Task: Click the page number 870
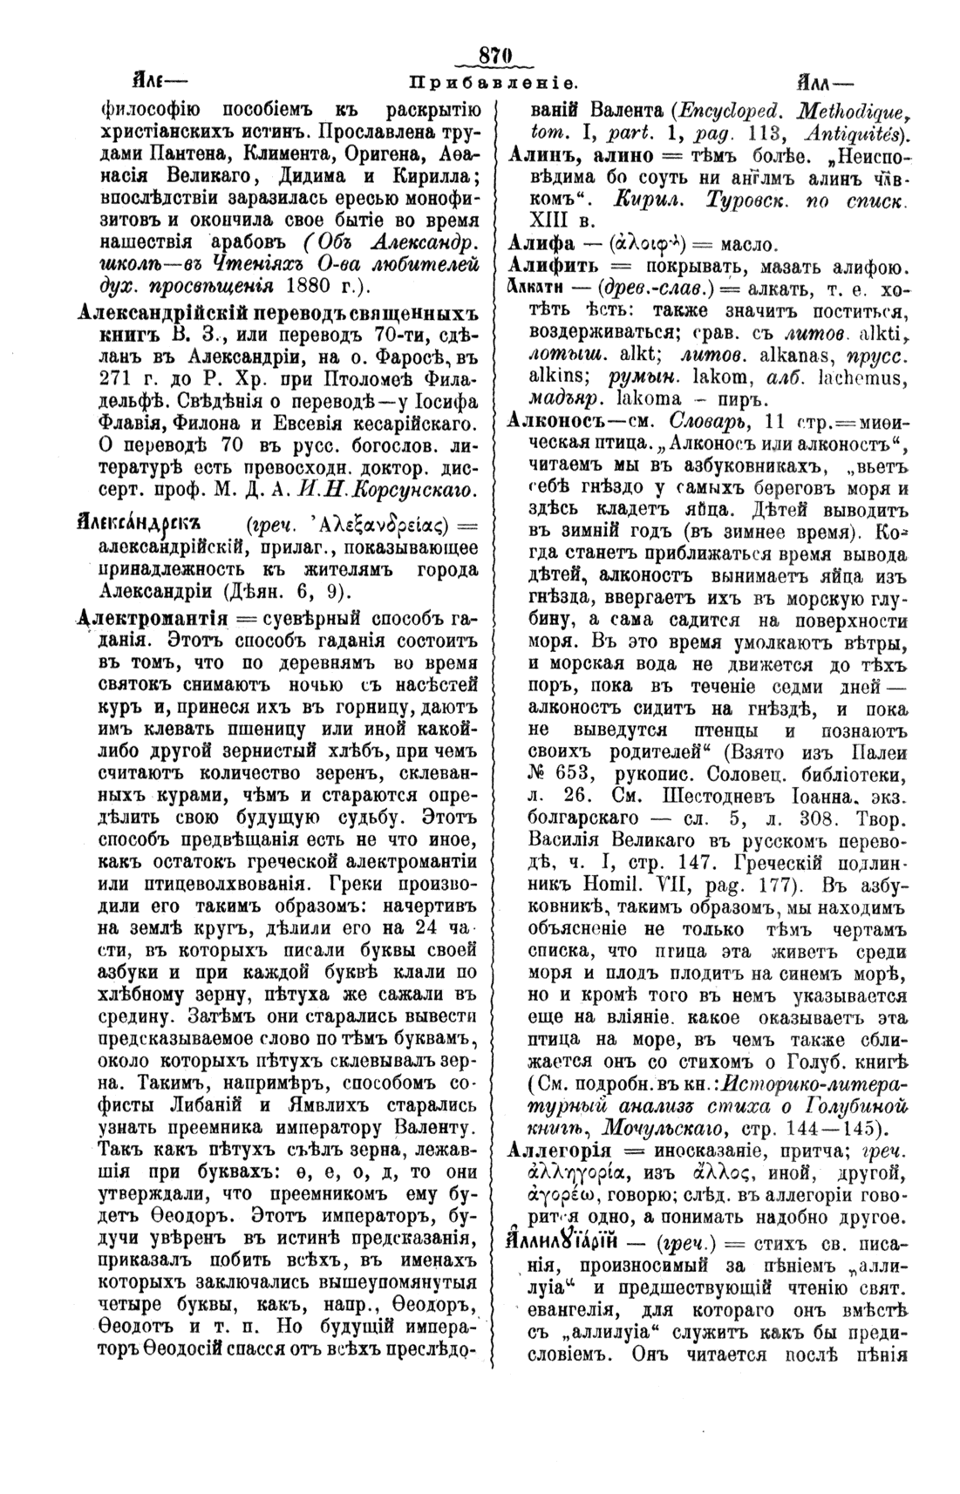point(493,56)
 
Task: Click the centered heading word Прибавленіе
point(493,85)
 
